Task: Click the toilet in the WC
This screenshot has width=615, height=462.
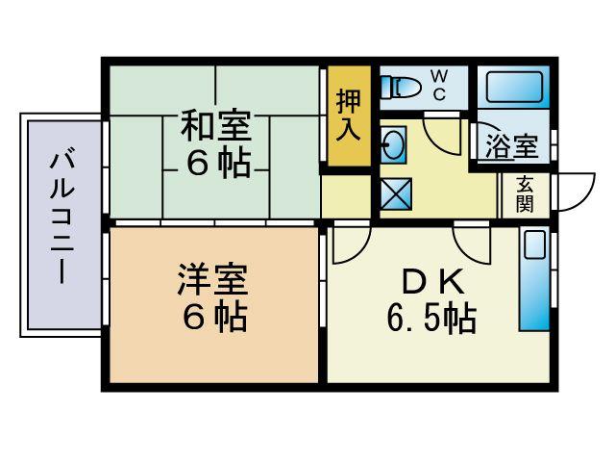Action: click(401, 88)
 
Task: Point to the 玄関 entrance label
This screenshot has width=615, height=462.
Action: click(525, 194)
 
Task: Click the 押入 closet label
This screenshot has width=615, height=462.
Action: click(347, 115)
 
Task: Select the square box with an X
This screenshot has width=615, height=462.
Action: click(396, 195)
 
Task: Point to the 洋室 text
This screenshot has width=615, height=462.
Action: click(212, 279)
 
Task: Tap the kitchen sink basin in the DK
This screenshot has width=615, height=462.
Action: click(533, 245)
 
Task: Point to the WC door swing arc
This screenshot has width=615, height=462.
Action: click(444, 135)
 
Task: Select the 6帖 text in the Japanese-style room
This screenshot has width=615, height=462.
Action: click(217, 164)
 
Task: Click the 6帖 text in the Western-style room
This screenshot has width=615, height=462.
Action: click(212, 317)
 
